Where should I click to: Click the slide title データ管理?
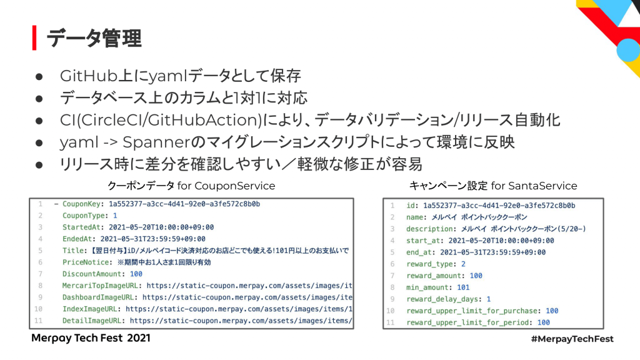94,38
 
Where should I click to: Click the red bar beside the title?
35,38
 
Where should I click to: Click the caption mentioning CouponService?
191,186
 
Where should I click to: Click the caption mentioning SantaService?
493,186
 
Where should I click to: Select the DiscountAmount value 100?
136,274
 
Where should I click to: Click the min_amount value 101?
462,287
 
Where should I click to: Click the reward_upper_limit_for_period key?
469,322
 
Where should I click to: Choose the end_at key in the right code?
419,252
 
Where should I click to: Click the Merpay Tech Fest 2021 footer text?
91,338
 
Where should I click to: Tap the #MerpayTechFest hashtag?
571,339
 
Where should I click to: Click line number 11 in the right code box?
391,322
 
